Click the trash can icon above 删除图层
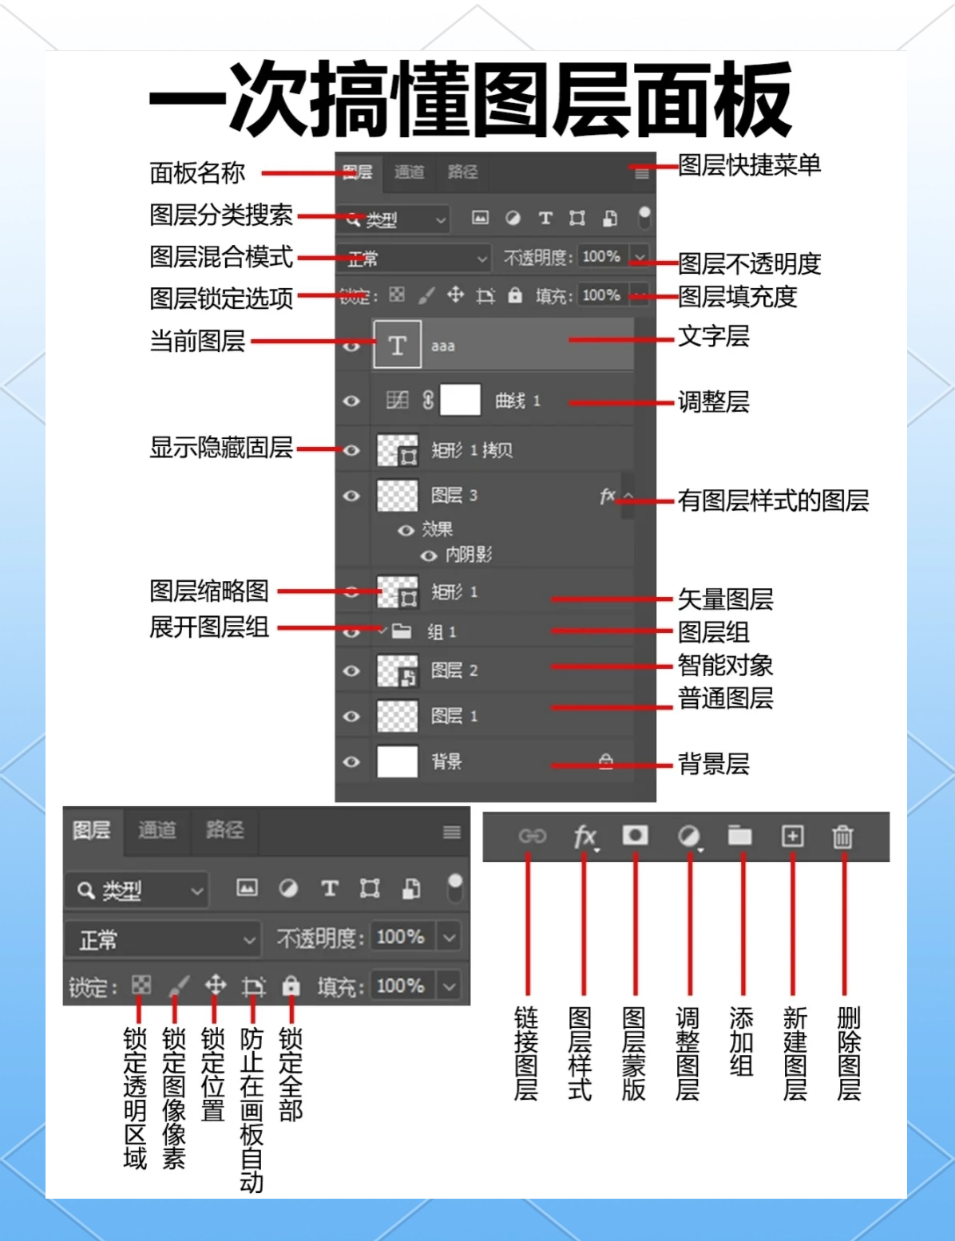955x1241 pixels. [x=842, y=836]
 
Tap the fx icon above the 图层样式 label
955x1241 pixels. [x=584, y=836]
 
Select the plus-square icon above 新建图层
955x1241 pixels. [x=792, y=836]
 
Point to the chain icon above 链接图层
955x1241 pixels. [x=532, y=836]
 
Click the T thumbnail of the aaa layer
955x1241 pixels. [x=397, y=345]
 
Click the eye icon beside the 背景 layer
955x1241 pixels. [x=351, y=761]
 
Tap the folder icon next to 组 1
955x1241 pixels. [x=402, y=631]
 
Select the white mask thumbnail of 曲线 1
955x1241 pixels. [x=461, y=400]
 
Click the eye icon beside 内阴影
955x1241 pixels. [x=430, y=555]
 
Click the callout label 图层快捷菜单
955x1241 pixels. [x=749, y=165]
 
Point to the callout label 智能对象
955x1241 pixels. [x=725, y=665]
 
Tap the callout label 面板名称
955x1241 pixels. [x=197, y=172]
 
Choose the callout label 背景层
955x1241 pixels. [x=713, y=764]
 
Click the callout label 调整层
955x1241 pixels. [x=713, y=401]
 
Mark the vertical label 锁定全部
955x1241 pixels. [x=291, y=1074]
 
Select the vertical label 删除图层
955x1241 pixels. [x=848, y=1053]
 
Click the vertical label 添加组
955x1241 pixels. [x=741, y=1041]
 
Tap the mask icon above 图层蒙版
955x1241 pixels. [x=636, y=835]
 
